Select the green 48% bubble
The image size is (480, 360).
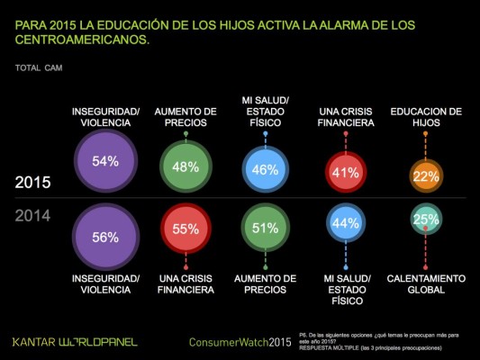pyautogui.click(x=186, y=166)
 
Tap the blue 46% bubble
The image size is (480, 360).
pyautogui.click(x=266, y=168)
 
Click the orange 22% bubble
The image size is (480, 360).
pyautogui.click(x=425, y=177)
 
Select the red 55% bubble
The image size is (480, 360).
pyautogui.click(x=186, y=229)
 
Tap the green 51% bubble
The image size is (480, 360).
pyautogui.click(x=266, y=229)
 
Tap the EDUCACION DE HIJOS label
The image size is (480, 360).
pyautogui.click(x=426, y=117)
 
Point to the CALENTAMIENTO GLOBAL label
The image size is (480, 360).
pyautogui.click(x=426, y=284)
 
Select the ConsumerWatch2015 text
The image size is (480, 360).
pyautogui.click(x=240, y=343)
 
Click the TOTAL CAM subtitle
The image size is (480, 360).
pyautogui.click(x=38, y=67)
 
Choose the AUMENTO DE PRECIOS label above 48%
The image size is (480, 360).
pyautogui.click(x=186, y=117)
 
